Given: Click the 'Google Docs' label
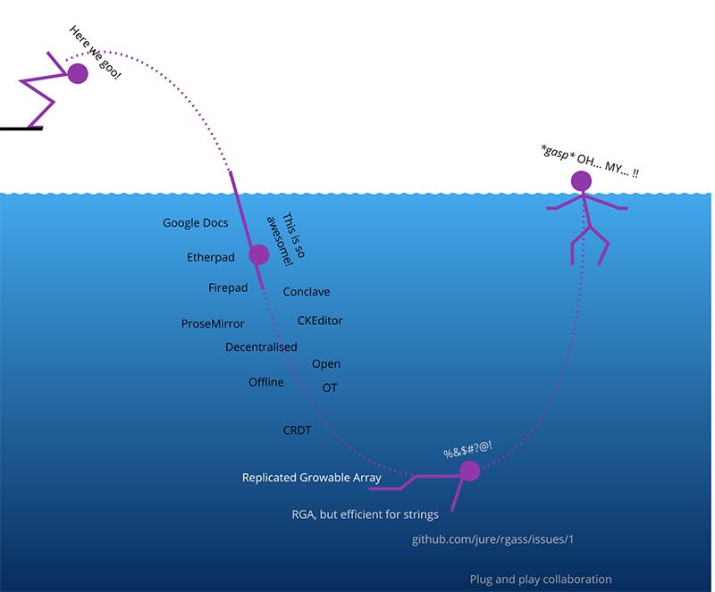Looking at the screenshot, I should coord(195,223).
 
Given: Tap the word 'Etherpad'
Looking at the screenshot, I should coord(210,257).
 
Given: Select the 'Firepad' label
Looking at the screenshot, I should coord(228,288).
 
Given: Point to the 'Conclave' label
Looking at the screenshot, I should coord(307,292).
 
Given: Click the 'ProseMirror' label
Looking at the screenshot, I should coord(213,324).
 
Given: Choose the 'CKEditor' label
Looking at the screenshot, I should coord(320,321).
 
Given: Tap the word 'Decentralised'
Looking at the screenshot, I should coord(261,346).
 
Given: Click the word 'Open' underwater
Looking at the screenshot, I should coord(326,363).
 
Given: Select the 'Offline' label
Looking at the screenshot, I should coord(265,382).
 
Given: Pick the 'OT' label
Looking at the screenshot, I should coord(330,388).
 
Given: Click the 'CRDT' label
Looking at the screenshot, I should coord(297,430).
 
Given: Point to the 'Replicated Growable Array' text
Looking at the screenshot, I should coord(311,478).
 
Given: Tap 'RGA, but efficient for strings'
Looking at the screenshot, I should coord(365,514).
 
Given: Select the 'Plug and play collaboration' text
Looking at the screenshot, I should coord(541,579).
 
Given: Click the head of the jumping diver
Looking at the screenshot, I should coord(78,74).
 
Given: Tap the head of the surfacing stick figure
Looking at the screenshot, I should coord(582,182).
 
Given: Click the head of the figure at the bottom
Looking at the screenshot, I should coord(470,471).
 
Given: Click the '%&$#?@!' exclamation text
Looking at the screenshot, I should coord(468,451).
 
